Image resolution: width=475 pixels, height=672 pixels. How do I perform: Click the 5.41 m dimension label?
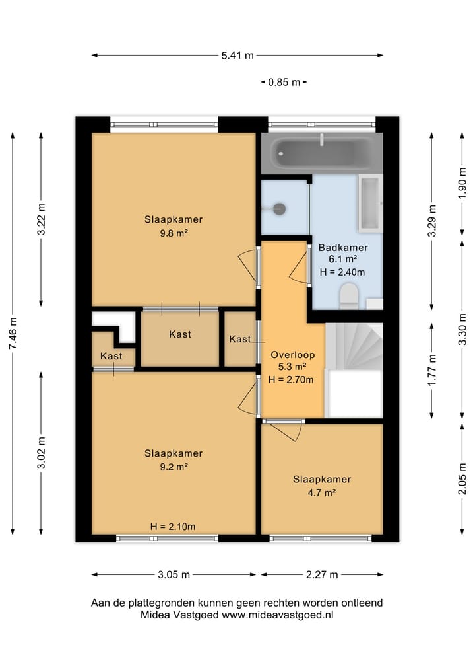click(237, 56)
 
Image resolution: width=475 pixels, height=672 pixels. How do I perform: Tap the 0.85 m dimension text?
click(284, 82)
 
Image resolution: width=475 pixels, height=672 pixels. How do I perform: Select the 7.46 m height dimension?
click(13, 333)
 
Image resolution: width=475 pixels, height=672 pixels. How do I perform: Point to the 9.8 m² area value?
click(174, 233)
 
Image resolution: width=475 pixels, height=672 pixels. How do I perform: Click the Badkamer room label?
click(343, 248)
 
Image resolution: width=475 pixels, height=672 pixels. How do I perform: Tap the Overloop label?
click(293, 355)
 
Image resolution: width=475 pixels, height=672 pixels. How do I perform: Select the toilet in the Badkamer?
click(349, 296)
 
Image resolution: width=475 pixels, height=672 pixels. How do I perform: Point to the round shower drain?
click(280, 209)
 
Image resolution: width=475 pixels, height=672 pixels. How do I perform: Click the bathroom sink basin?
click(371, 203)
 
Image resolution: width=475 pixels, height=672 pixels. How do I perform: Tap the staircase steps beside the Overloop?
click(354, 347)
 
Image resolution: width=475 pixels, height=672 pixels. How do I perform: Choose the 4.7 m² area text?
click(322, 492)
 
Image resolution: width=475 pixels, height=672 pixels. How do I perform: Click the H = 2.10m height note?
click(173, 527)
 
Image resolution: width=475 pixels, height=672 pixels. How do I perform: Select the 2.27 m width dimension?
click(322, 575)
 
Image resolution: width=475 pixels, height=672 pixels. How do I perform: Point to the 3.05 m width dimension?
click(174, 575)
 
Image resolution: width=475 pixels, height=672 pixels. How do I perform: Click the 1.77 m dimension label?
click(432, 370)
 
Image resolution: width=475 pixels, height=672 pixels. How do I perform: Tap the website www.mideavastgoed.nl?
click(277, 615)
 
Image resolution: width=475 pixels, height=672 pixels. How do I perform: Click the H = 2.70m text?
click(291, 380)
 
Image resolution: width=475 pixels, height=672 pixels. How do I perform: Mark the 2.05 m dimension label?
click(462, 478)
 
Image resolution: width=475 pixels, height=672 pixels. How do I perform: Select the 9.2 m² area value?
click(174, 467)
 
